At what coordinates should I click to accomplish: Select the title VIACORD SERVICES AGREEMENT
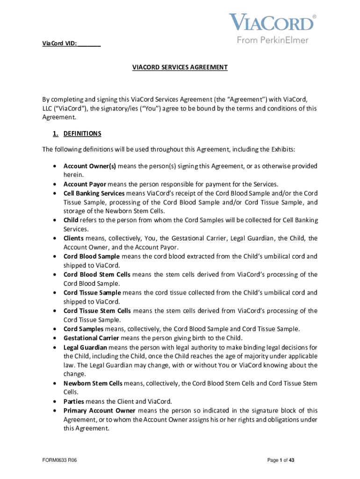180,67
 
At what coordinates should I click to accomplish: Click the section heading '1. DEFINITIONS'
77,134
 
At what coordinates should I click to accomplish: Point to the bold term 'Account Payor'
85,184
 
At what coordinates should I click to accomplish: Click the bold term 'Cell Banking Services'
94,193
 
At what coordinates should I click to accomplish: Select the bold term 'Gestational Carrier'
91,338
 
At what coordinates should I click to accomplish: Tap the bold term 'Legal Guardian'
85,347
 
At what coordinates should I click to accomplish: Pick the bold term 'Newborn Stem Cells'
93,383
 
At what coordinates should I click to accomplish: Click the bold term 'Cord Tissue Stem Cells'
97,311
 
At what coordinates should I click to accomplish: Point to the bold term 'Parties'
74,401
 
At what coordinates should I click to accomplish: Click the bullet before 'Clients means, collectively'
56,239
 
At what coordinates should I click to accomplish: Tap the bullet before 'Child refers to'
56,220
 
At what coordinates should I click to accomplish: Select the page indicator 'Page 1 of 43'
281,460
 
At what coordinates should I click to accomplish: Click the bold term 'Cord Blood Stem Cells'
97,275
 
